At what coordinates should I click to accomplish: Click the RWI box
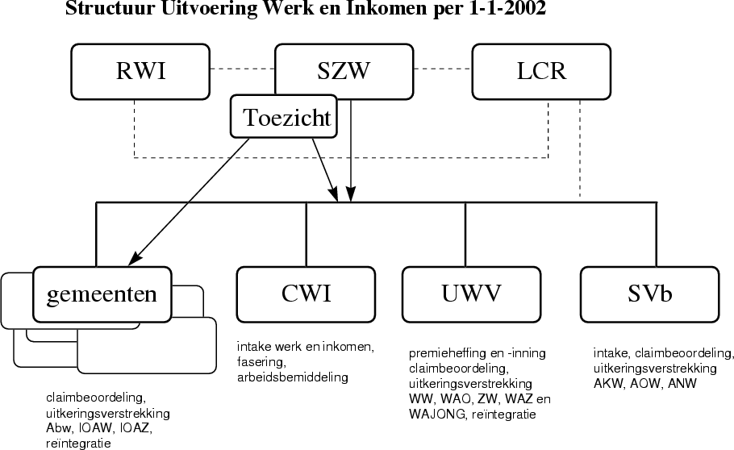(x=141, y=70)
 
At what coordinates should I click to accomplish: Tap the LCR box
(x=541, y=70)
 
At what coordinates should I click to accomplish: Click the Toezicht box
(x=286, y=118)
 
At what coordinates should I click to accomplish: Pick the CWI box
(x=306, y=294)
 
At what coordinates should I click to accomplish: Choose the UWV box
(x=471, y=294)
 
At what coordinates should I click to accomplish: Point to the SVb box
(x=649, y=294)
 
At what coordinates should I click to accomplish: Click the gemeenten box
(x=102, y=294)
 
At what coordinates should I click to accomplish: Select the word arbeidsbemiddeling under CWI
(x=292, y=376)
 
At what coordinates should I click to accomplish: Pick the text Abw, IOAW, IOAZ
(x=98, y=427)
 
